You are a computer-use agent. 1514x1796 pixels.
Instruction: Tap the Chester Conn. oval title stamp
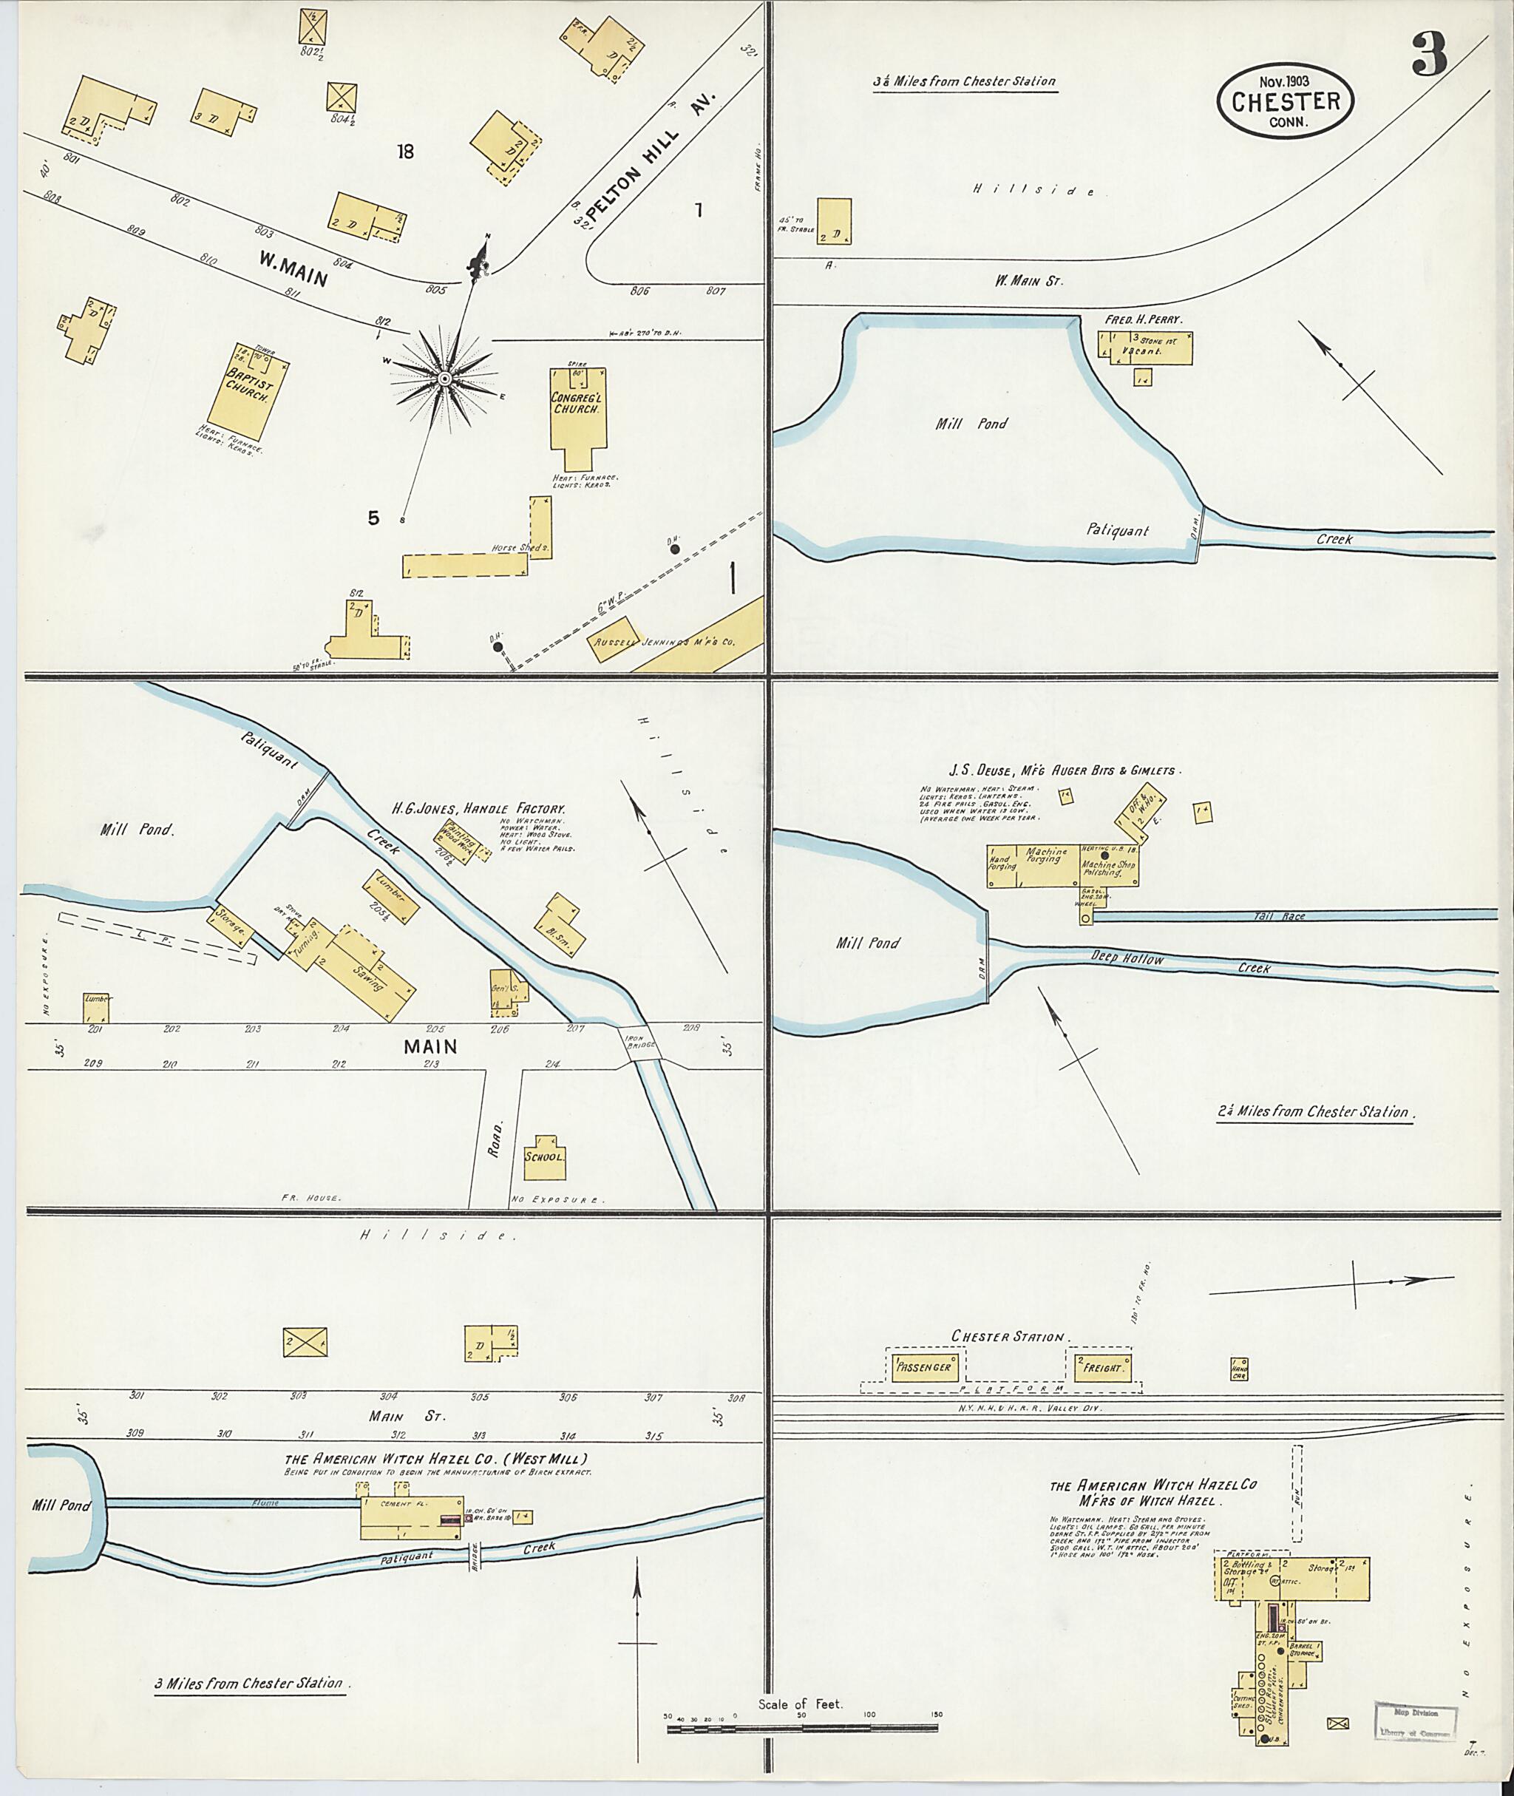(x=1285, y=101)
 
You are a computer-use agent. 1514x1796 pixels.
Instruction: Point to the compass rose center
(x=444, y=379)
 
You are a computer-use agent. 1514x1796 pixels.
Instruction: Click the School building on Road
(x=544, y=1156)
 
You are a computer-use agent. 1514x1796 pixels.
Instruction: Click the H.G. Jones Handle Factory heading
(x=478, y=809)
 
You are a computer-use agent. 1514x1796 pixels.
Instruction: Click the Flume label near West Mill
(x=265, y=1503)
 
